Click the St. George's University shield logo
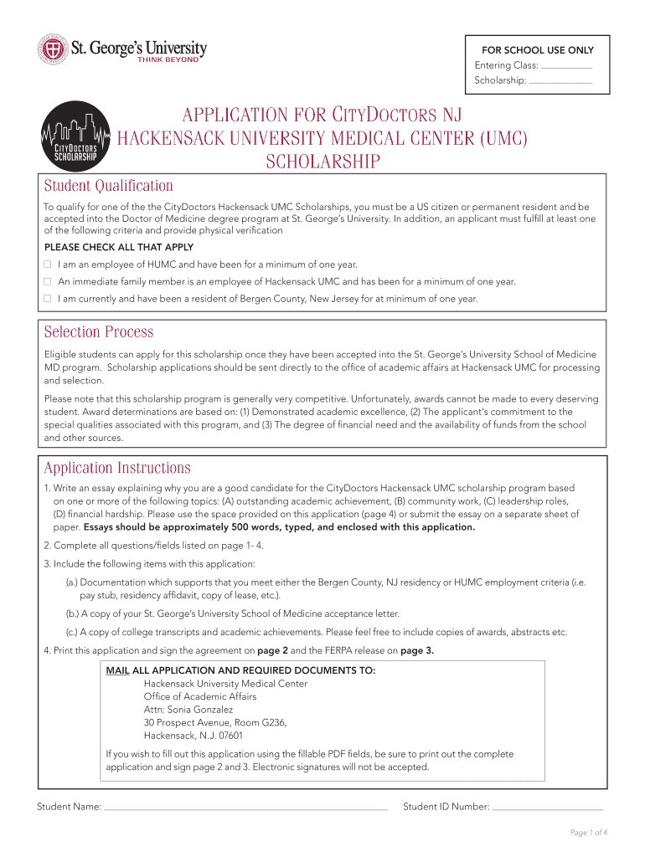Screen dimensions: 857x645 [x=52, y=49]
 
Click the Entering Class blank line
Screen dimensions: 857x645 [x=566, y=66]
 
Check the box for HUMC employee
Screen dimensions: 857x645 [x=48, y=264]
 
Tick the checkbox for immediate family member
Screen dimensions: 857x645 [x=48, y=281]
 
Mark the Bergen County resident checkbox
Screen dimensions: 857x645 [x=48, y=298]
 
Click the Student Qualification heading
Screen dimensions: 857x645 [x=108, y=186]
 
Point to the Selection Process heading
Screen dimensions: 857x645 [x=99, y=332]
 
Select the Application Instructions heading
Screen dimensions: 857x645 [x=117, y=468]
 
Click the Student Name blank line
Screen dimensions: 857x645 [x=245, y=809]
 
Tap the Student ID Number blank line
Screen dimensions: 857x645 [x=548, y=809]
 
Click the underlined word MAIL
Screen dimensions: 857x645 [x=117, y=670]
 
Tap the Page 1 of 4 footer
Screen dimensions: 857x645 [x=588, y=832]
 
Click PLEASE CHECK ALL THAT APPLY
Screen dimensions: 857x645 [x=119, y=247]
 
